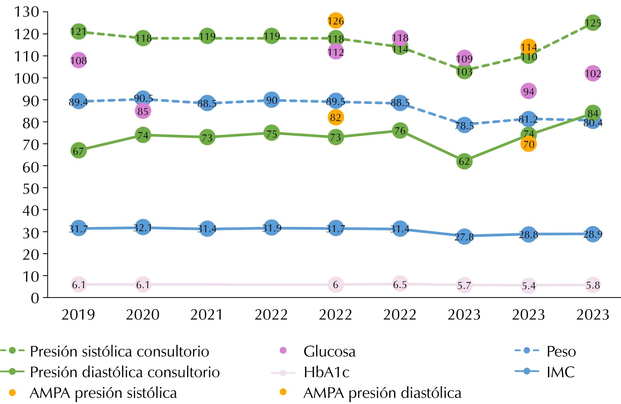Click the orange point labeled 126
pyautogui.click(x=336, y=21)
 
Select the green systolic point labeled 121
pyautogui.click(x=79, y=32)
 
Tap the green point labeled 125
pyautogui.click(x=593, y=23)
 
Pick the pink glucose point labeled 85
pyautogui.click(x=143, y=111)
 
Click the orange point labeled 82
pyautogui.click(x=336, y=118)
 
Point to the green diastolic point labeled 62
pyautogui.click(x=464, y=161)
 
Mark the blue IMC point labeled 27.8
pyautogui.click(x=464, y=237)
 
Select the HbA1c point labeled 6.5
pyautogui.click(x=400, y=284)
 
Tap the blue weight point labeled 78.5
pyautogui.click(x=464, y=125)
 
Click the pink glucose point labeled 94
pyautogui.click(x=528, y=92)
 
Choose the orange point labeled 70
pyautogui.click(x=528, y=144)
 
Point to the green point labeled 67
pyautogui.click(x=79, y=151)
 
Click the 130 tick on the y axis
pyautogui.click(x=27, y=12)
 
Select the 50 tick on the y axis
pyautogui.click(x=31, y=188)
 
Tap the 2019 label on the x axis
pyautogui.click(x=78, y=315)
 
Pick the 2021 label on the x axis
pyautogui.click(x=207, y=315)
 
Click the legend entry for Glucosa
pyautogui.click(x=329, y=351)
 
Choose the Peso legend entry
pyautogui.click(x=561, y=351)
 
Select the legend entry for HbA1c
pyautogui.click(x=326, y=372)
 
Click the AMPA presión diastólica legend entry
pyautogui.click(x=382, y=393)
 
